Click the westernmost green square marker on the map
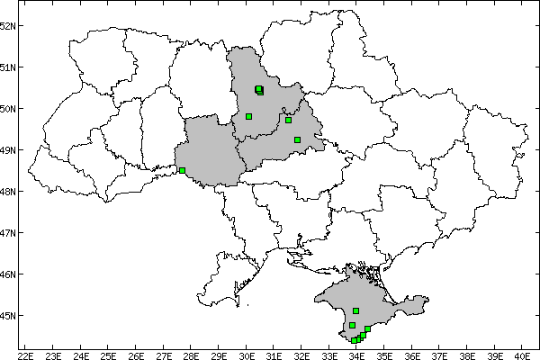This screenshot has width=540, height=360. coord(182,170)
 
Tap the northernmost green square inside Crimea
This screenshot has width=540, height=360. coord(356,310)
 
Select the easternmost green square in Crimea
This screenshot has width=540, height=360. coord(367,329)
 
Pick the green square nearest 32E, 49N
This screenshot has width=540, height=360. coord(297,139)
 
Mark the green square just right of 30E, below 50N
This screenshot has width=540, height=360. coord(248,116)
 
